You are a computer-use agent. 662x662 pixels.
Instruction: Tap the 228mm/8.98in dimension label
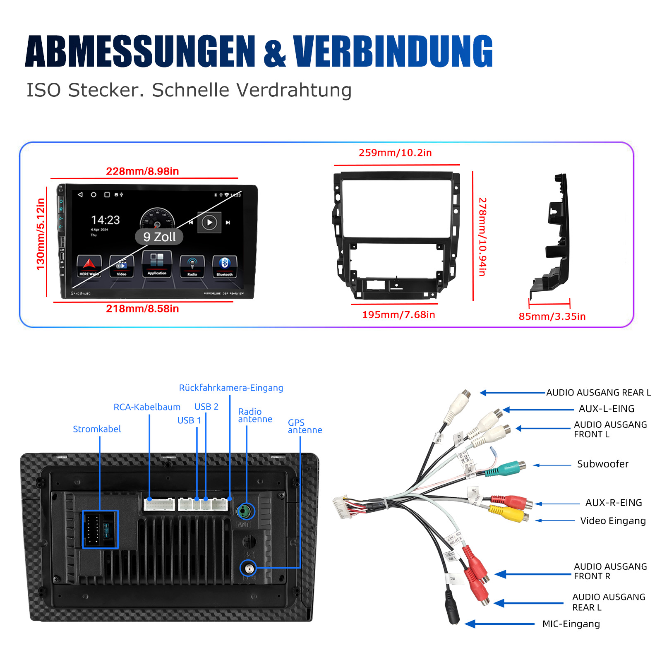pos(142,171)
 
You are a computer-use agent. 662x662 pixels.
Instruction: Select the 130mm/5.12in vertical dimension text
pos(41,234)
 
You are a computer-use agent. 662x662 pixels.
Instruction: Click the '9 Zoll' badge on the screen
pos(159,237)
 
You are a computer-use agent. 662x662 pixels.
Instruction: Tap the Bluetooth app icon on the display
pos(225,266)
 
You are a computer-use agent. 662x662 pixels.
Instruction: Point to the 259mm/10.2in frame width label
pos(395,153)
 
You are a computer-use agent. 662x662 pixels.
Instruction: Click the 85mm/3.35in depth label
pos(552,317)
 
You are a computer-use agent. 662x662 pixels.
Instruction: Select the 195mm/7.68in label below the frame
pos(398,315)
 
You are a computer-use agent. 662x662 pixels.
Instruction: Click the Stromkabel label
pos(97,429)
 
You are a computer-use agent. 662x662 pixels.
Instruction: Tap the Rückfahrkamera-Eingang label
pos(231,388)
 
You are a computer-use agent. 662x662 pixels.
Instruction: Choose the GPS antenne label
pos(305,426)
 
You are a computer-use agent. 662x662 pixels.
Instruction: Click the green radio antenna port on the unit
pos(245,512)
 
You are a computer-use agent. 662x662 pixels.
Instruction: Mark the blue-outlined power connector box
pos(101,529)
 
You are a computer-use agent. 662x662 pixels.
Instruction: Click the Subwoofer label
pos(602,464)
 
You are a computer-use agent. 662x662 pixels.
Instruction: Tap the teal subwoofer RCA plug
pos(509,468)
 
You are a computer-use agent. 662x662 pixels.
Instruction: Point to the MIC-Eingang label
pos(571,624)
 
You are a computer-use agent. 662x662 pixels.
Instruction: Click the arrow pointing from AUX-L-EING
pos(538,410)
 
